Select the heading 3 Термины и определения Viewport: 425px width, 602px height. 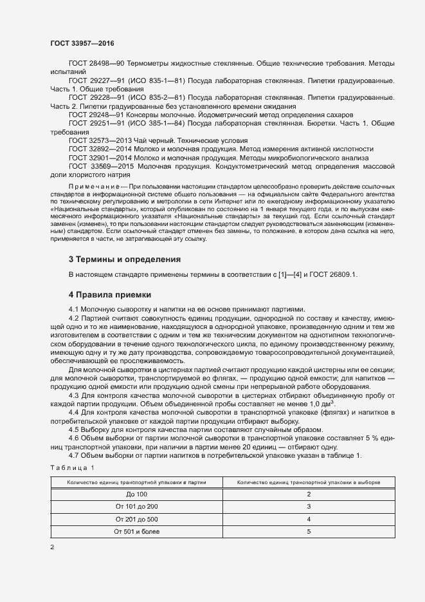click(124, 259)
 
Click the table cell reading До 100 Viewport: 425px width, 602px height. click(136, 494)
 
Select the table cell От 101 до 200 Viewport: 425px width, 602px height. click(136, 506)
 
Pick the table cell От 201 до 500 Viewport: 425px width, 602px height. click(136, 519)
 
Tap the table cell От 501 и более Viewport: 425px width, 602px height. click(136, 532)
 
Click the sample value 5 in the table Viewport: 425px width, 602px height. click(309, 532)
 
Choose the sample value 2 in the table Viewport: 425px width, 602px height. click(309, 494)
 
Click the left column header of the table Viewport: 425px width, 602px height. click(136, 482)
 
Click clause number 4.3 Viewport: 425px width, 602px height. click(73, 395)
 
